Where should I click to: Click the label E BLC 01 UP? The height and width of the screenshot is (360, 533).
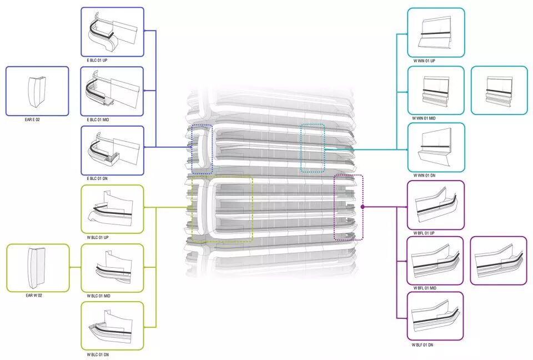pos(97,60)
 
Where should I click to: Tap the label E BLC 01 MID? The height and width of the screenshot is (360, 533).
pos(98,120)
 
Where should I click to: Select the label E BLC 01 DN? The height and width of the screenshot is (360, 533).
pos(97,178)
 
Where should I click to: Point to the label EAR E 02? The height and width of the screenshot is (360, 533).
pos(32,120)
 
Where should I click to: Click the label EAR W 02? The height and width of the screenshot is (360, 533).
pos(34,296)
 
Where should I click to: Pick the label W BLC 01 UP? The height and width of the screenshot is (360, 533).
pos(98,238)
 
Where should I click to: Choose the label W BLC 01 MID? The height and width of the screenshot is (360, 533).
pos(99,296)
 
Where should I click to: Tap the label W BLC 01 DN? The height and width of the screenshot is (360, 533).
pos(98,354)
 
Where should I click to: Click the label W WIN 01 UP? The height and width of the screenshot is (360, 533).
pos(424,61)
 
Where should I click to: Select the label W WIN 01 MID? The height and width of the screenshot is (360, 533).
pos(424,118)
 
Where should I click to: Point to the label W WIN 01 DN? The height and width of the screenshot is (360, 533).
pos(424,176)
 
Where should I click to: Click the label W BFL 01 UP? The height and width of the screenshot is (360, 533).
pos(424,233)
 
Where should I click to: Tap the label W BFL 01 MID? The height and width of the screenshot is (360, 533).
pos(425,288)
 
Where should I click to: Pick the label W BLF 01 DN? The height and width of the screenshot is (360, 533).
pos(423,345)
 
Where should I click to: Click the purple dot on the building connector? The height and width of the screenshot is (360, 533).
pos(363,207)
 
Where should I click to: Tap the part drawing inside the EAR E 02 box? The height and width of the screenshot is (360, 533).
pos(37,91)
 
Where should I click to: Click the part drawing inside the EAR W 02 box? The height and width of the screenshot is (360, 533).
pos(37,268)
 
